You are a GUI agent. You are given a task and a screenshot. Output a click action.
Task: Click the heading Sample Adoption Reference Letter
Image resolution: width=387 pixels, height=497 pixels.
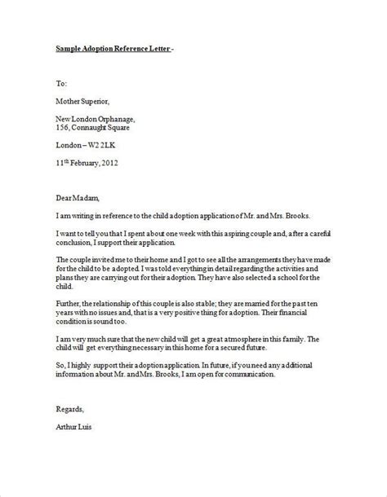(x=113, y=48)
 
